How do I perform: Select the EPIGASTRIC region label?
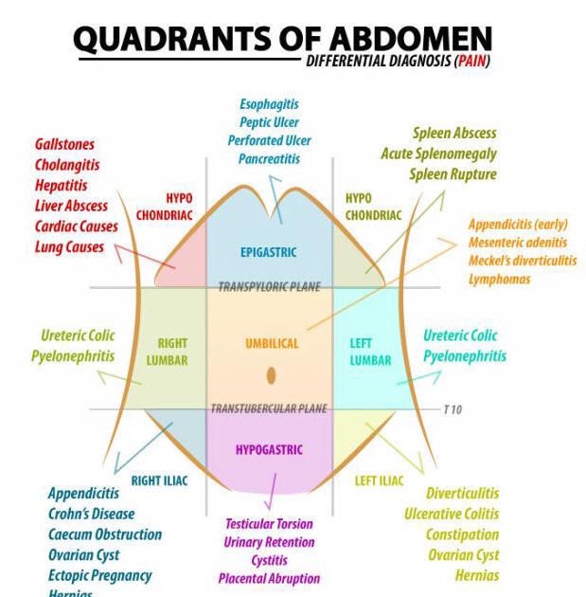pyautogui.click(x=269, y=252)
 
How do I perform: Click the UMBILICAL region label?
pyautogui.click(x=272, y=344)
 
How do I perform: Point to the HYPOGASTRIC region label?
pyautogui.click(x=269, y=450)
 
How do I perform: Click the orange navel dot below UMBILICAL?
pyautogui.click(x=272, y=376)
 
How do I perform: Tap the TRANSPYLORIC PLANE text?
pyautogui.click(x=269, y=287)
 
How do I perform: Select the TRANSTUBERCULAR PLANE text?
pyautogui.click(x=269, y=409)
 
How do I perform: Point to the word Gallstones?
pyautogui.click(x=64, y=144)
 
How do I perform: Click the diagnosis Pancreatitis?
pyautogui.click(x=269, y=159)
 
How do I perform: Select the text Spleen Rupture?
pyautogui.click(x=453, y=174)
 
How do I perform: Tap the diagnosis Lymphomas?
pyautogui.click(x=499, y=280)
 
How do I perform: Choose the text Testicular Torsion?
pyautogui.click(x=269, y=524)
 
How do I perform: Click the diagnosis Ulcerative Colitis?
pyautogui.click(x=452, y=514)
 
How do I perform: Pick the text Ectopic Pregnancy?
pyautogui.click(x=99, y=575)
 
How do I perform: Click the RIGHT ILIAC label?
pyautogui.click(x=159, y=480)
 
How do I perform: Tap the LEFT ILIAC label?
pyautogui.click(x=379, y=480)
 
